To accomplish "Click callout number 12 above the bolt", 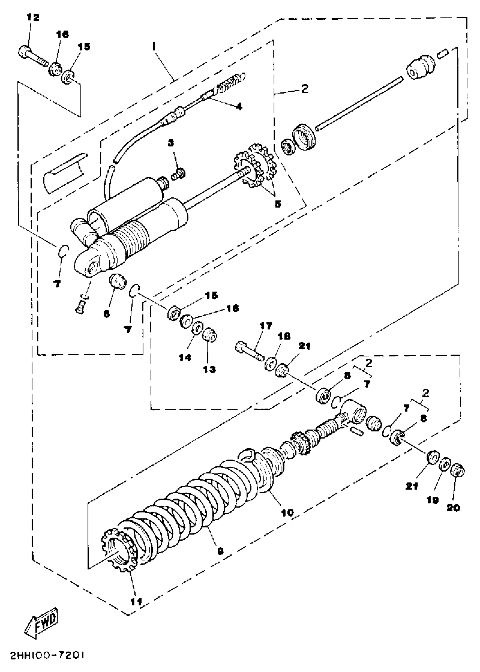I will click(x=33, y=18).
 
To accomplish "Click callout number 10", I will click(x=288, y=512).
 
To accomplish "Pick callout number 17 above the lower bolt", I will click(x=265, y=326).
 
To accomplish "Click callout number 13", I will click(x=209, y=369).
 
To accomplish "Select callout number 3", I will click(x=171, y=143).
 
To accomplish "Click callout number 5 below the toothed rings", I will click(x=278, y=204).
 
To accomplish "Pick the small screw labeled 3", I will click(x=179, y=174).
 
